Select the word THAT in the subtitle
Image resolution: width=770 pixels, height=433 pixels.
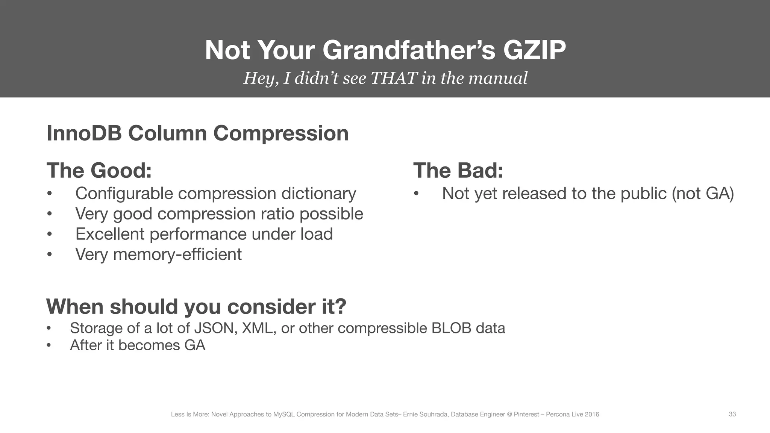[394, 78]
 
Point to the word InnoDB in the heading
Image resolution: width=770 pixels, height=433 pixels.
[84, 133]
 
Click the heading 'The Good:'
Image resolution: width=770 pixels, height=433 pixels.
[99, 171]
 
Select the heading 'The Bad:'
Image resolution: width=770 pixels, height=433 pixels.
[458, 171]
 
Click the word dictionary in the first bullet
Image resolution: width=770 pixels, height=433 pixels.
[318, 194]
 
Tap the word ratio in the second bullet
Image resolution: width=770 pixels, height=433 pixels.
[277, 214]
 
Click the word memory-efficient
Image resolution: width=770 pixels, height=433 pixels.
[177, 254]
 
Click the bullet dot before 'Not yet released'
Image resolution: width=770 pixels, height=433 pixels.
[416, 194]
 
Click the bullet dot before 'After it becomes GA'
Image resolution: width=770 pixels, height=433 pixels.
[49, 345]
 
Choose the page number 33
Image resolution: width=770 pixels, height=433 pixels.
[732, 414]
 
